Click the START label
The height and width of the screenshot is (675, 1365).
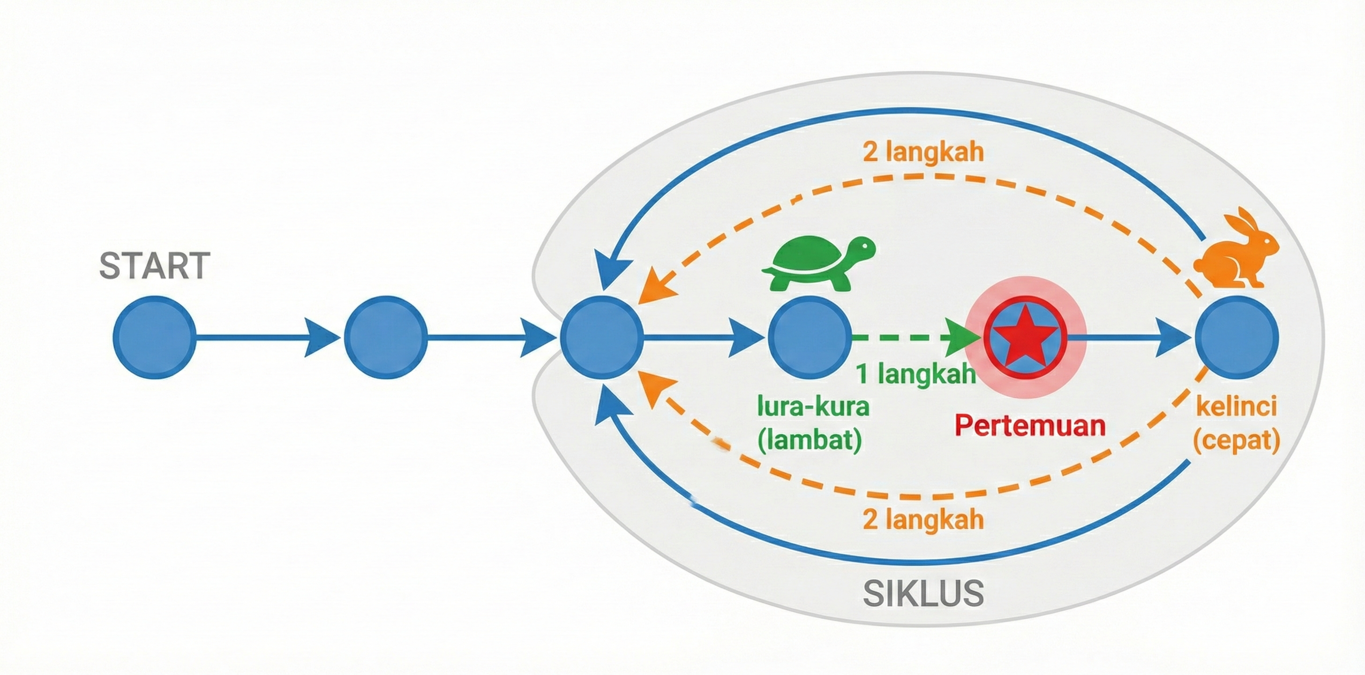(155, 265)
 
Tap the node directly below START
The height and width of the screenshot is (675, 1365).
(154, 337)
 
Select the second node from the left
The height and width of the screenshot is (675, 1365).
(385, 337)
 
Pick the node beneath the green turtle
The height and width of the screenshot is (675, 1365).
(809, 337)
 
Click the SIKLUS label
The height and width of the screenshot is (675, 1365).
(923, 593)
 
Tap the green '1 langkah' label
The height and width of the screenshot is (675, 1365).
(915, 374)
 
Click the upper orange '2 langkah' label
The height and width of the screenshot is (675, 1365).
(923, 152)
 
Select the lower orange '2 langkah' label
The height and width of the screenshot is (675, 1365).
(923, 520)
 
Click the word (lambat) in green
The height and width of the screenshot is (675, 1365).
(809, 440)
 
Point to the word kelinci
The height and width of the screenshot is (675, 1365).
(1237, 407)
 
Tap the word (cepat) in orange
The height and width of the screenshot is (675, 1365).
(1237, 440)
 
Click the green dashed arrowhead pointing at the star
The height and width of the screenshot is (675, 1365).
(962, 337)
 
